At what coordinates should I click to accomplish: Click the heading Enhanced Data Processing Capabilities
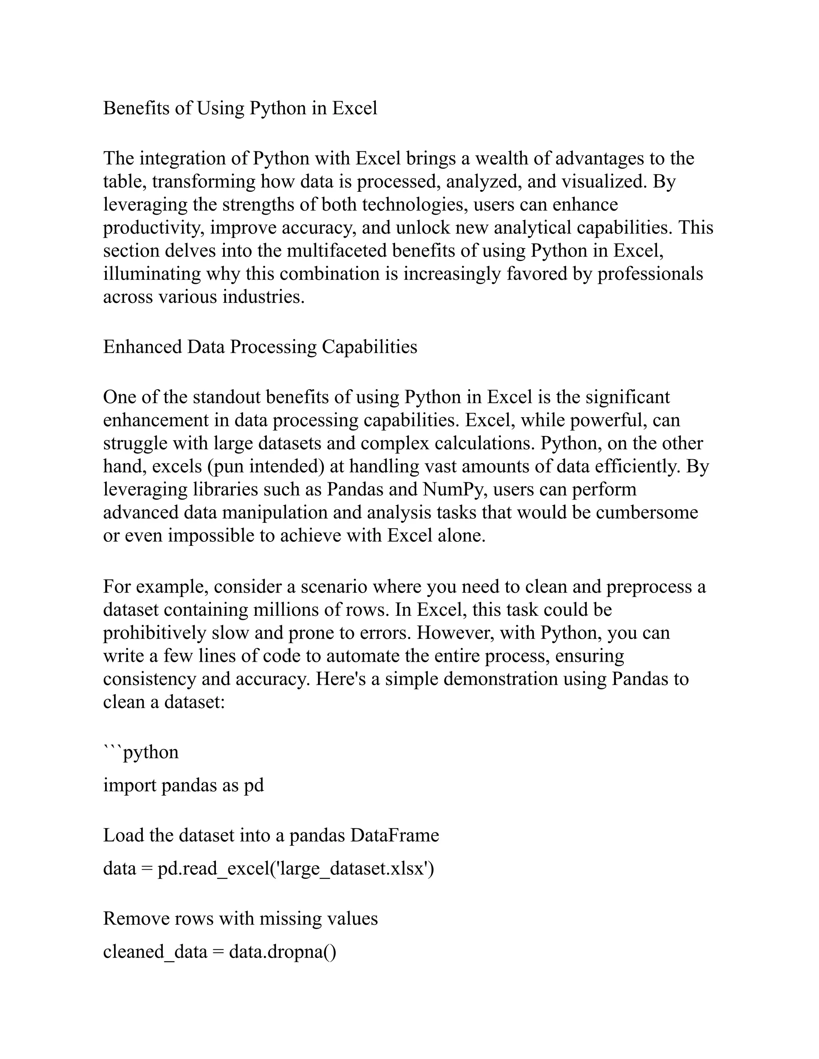260,347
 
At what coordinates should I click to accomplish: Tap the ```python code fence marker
141,752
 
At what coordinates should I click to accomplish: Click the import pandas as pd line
184,785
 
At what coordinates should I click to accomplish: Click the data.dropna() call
282,952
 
